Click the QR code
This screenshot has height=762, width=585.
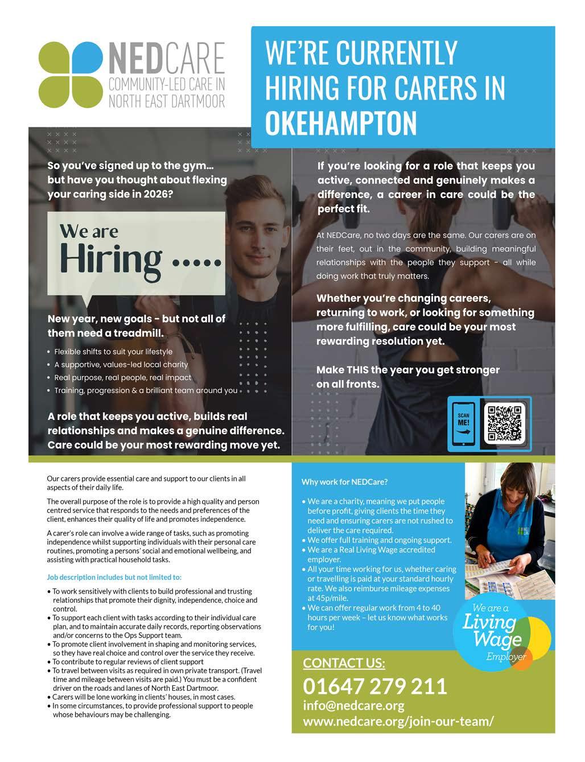pyautogui.click(x=504, y=424)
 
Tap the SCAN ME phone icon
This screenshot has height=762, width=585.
pyautogui.click(x=464, y=425)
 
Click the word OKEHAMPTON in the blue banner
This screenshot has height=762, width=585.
pyautogui.click(x=341, y=122)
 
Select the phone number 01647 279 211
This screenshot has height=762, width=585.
pyautogui.click(x=375, y=686)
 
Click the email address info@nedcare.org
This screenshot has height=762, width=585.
pyautogui.click(x=353, y=706)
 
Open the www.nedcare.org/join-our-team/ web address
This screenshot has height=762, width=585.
pyautogui.click(x=398, y=722)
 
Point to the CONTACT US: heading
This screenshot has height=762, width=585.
pyautogui.click(x=344, y=663)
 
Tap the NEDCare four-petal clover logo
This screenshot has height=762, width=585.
pyautogui.click(x=71, y=75)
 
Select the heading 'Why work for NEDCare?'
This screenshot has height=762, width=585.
pyautogui.click(x=344, y=482)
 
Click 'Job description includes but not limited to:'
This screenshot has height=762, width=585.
pyautogui.click(x=114, y=577)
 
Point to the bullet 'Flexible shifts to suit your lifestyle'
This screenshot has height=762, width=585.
pyautogui.click(x=113, y=352)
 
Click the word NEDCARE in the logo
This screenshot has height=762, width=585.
pyautogui.click(x=166, y=59)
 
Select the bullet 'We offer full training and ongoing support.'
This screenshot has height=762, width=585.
pyautogui.click(x=379, y=540)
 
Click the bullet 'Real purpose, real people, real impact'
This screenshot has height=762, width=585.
pyautogui.click(x=122, y=377)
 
